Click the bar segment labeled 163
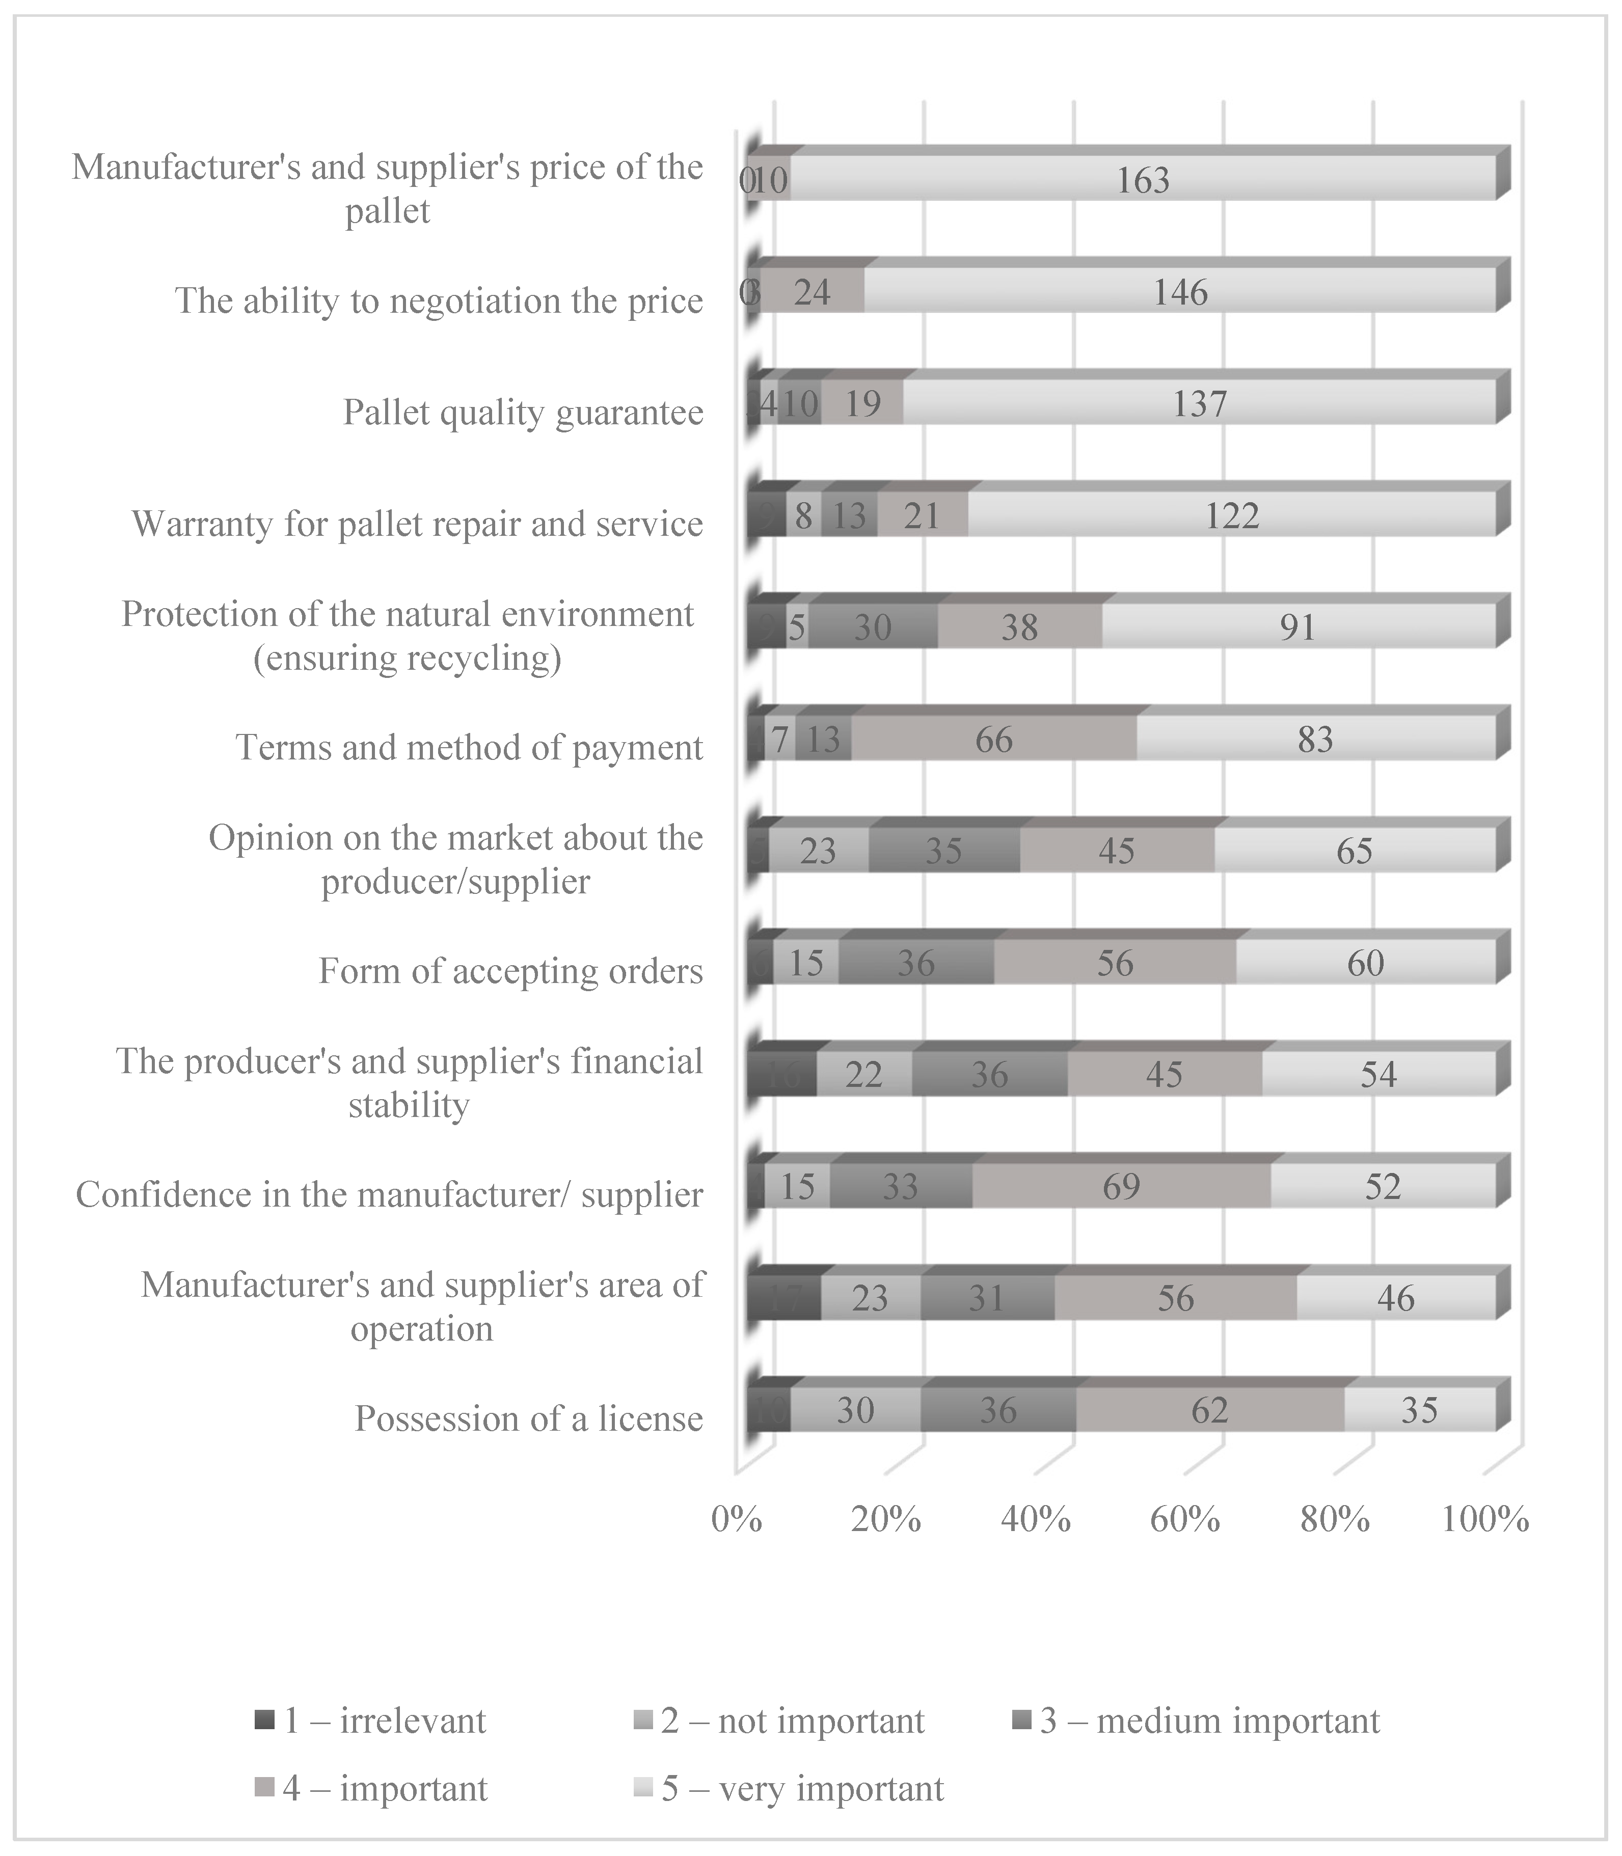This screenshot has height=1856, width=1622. [1142, 180]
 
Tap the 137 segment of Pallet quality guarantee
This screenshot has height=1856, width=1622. [1199, 403]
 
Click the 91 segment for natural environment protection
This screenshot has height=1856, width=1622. [1298, 627]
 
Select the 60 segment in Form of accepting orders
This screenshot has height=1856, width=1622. [1365, 963]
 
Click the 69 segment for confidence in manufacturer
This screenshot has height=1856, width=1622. [1121, 1186]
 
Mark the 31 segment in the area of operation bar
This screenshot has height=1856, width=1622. [987, 1299]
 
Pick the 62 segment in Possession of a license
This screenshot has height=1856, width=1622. [1209, 1410]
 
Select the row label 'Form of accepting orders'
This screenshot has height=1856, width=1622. [510, 971]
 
